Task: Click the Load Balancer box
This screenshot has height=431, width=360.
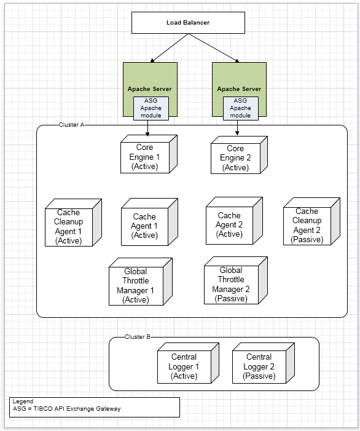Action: tap(188, 23)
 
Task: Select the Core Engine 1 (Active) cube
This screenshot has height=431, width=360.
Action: tap(149, 154)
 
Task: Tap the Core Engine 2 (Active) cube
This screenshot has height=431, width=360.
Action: tap(239, 155)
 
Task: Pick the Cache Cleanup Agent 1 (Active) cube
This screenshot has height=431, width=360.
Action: tap(73, 223)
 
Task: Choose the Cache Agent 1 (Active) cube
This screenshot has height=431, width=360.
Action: tap(149, 222)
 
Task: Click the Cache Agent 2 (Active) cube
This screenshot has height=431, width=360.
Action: tap(234, 221)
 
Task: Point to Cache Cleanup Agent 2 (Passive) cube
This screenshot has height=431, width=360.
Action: tap(311, 221)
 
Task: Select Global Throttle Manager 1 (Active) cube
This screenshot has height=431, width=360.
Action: tap(141, 282)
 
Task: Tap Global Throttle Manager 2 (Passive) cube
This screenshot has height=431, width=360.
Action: tap(236, 280)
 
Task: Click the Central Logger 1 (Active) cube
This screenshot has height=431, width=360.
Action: tap(188, 363)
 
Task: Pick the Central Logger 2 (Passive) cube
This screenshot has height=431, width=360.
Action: tap(264, 363)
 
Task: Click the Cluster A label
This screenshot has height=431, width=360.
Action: tap(71, 125)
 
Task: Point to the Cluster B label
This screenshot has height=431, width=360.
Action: tap(138, 337)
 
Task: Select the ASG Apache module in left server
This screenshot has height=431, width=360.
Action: tap(151, 108)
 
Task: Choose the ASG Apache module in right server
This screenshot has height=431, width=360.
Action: tap(241, 108)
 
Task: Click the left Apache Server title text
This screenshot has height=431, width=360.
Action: tap(150, 89)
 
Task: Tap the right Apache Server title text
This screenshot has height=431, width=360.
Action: tap(239, 89)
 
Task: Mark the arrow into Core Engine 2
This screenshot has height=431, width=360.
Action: tap(237, 128)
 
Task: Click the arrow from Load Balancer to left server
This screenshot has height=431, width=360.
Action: tap(169, 48)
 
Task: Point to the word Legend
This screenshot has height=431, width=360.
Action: tap(23, 401)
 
